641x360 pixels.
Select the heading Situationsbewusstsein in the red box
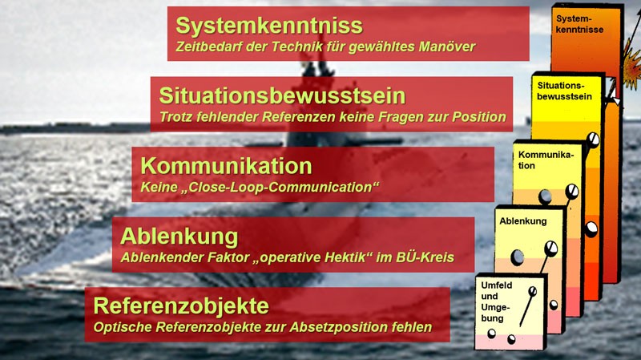click(x=282, y=96)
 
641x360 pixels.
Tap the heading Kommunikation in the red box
click(x=226, y=166)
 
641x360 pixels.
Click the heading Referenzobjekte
click(x=181, y=306)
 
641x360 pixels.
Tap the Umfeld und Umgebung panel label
click(x=491, y=302)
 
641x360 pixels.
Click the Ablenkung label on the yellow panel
click(x=522, y=220)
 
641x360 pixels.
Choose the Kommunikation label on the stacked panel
click(x=546, y=160)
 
